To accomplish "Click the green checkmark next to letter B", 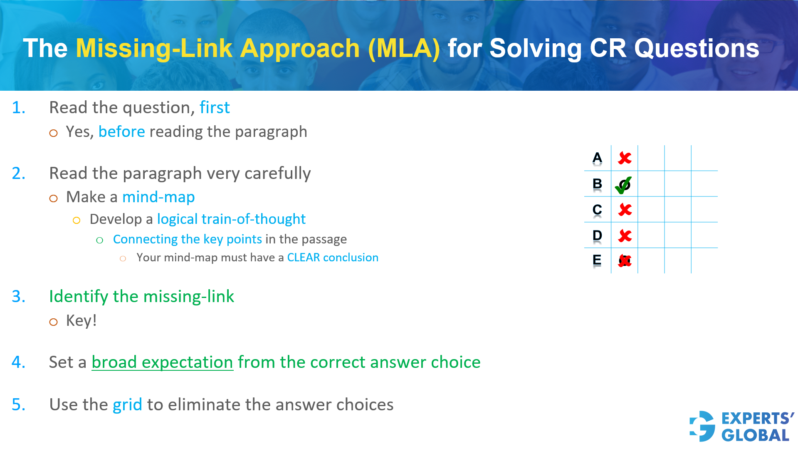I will point(623,185).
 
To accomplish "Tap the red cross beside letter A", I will point(625,158).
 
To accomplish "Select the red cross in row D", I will point(625,236).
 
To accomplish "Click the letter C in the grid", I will point(597,210).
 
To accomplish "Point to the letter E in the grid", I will point(597,260).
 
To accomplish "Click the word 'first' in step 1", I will point(215,108).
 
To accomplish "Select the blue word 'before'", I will point(121,132).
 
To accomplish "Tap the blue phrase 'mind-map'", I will point(158,197).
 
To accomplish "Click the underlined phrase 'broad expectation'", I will point(162,362).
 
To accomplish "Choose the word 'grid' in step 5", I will point(127,405).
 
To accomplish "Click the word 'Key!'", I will point(82,321).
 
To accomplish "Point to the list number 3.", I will point(18,297).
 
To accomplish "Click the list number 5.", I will point(18,405).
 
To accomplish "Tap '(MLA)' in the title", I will point(403,49).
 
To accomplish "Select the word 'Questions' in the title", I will point(697,49).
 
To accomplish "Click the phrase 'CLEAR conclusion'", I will point(333,258).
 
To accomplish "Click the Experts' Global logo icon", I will point(702,426).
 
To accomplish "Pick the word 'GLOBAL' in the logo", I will point(755,435).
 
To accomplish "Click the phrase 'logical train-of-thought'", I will point(231,219).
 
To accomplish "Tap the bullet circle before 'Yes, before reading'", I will point(53,133).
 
